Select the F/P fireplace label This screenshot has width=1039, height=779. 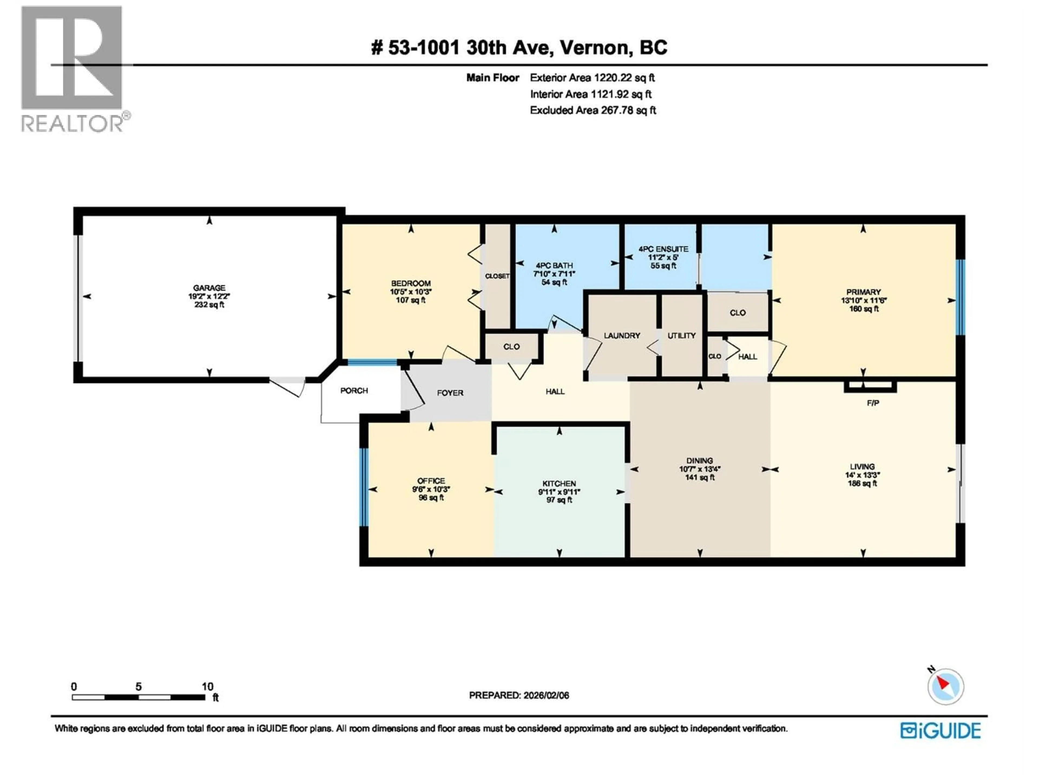tap(873, 403)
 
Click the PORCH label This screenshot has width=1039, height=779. tap(354, 391)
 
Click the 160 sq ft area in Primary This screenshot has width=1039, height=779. tap(863, 309)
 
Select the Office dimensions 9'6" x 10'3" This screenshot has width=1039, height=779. tap(431, 489)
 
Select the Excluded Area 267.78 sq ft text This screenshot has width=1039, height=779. tap(593, 110)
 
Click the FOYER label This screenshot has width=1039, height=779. tap(450, 393)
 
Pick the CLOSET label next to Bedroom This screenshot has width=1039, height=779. tap(497, 276)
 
